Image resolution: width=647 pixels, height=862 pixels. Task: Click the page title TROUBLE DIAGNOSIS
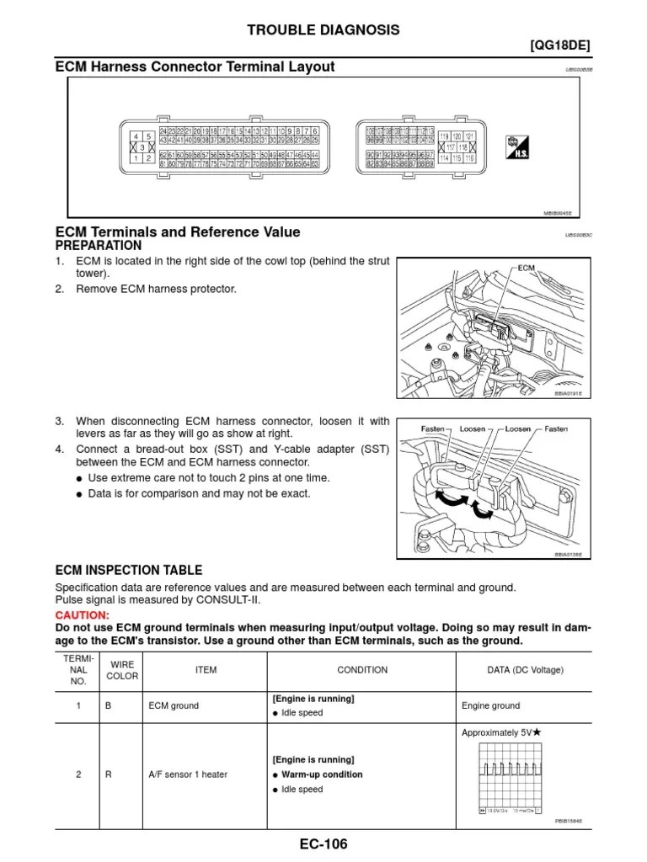tap(323, 30)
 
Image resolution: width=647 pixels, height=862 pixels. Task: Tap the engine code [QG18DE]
tap(559, 47)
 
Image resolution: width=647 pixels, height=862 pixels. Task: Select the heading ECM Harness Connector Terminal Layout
tap(195, 67)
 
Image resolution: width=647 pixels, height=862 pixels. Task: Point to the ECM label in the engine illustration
tap(527, 268)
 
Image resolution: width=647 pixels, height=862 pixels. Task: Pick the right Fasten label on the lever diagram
tap(556, 428)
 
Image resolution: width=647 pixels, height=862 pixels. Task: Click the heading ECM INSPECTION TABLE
tap(128, 571)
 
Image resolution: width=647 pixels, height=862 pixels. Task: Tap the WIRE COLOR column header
tap(121, 670)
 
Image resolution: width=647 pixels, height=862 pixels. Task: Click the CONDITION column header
tap(362, 670)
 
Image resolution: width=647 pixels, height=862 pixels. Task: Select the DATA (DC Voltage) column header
tap(512, 670)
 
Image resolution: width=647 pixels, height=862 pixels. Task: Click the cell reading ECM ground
tap(174, 705)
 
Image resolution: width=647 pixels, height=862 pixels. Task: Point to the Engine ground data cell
tap(490, 705)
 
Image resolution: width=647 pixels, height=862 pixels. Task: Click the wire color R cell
tap(109, 774)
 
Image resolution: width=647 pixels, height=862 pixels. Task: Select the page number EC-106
tap(323, 844)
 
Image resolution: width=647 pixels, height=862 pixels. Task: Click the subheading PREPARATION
tap(99, 246)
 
